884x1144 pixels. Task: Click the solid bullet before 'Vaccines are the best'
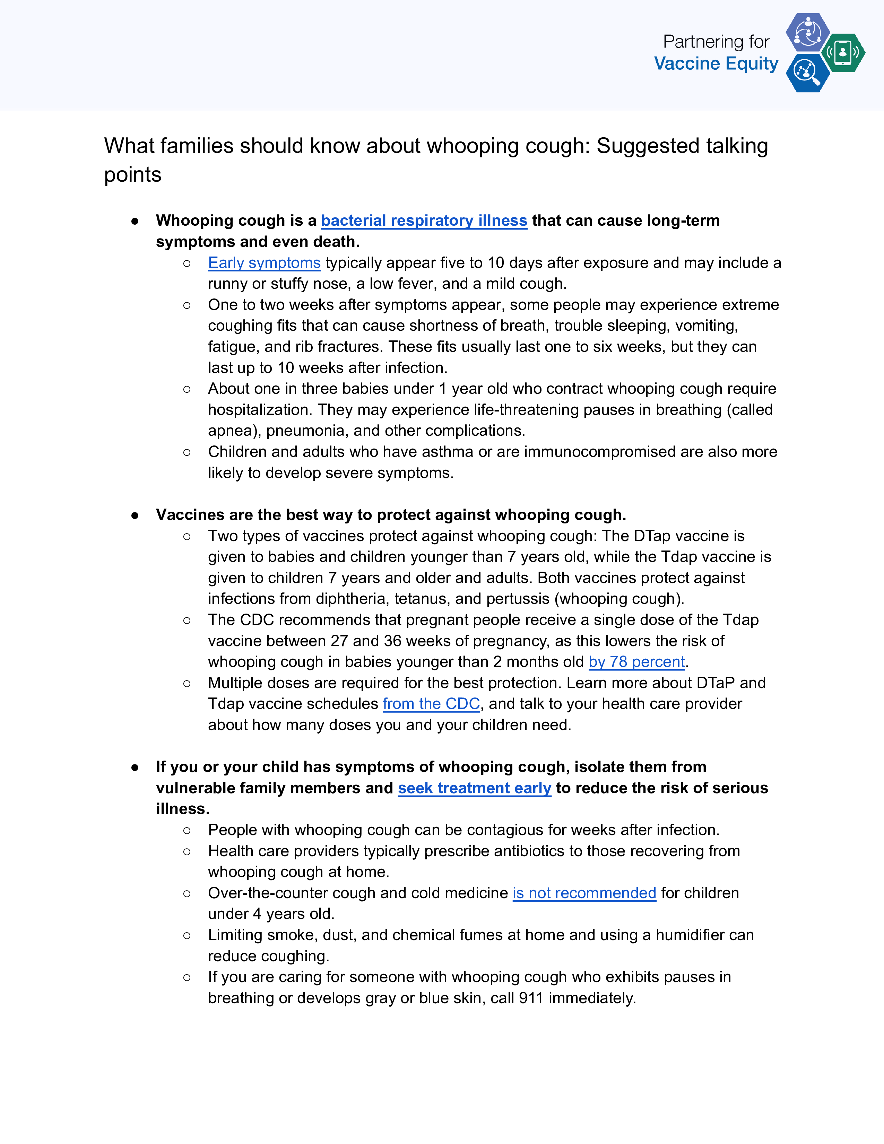(x=135, y=515)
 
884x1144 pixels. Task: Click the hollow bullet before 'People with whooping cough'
(x=187, y=830)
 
